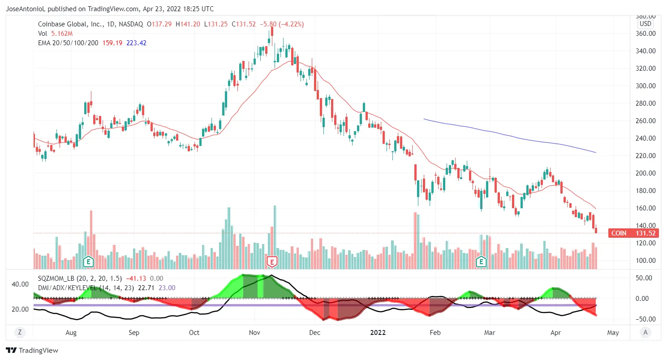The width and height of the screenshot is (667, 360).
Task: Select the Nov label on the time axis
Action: pyautogui.click(x=254, y=333)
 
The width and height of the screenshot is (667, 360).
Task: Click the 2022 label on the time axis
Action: pyautogui.click(x=378, y=333)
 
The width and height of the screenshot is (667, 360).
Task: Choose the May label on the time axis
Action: pyautogui.click(x=613, y=333)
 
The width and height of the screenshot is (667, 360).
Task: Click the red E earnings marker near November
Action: pyautogui.click(x=272, y=261)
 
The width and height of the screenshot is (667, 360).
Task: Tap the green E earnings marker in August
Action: pyautogui.click(x=89, y=261)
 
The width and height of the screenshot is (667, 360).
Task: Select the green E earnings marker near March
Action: pyautogui.click(x=482, y=261)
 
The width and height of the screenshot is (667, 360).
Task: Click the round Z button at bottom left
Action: pyautogui.click(x=19, y=332)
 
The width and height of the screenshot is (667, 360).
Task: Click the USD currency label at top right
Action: pyautogui.click(x=645, y=24)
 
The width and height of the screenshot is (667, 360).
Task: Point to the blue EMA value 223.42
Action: pyautogui.click(x=137, y=43)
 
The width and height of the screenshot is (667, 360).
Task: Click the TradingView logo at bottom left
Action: pyautogui.click(x=32, y=350)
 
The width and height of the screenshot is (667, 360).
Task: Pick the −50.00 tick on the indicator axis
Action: pyautogui.click(x=645, y=319)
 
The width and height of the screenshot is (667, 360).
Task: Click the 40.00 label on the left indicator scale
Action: pyautogui.click(x=20, y=284)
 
